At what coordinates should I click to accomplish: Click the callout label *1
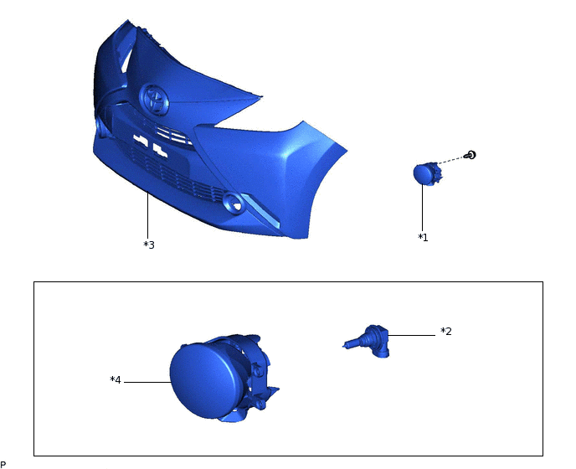click(x=423, y=238)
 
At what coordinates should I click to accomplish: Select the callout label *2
click(x=446, y=332)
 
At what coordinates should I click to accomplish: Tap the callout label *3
click(x=149, y=245)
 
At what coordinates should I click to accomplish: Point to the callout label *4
click(x=116, y=380)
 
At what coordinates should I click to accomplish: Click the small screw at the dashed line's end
click(x=471, y=155)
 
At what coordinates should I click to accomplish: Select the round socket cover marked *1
click(x=424, y=173)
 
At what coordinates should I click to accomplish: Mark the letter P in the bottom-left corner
click(x=3, y=463)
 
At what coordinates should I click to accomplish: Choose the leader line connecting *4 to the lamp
click(x=147, y=382)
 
